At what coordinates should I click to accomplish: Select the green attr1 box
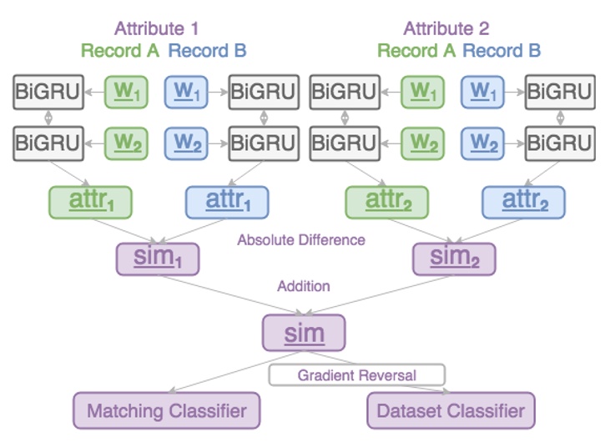pos(90,202)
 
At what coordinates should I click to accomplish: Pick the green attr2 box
pos(387,202)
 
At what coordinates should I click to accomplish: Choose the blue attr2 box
pos(523,202)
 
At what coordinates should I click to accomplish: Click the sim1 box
pos(158,259)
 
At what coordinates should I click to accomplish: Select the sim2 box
pos(454,259)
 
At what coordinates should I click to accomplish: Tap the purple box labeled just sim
pos(304,333)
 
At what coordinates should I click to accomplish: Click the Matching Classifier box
pos(166,410)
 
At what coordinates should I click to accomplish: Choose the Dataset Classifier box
pos(451,410)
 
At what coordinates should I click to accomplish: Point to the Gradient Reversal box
pos(356,374)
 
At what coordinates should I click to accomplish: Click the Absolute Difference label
pos(301,240)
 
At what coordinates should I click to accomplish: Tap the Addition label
pos(304,286)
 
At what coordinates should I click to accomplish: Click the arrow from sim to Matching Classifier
pos(225,374)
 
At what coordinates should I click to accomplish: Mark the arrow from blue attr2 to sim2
pos(492,232)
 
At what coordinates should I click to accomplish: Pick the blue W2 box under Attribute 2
pos(483,142)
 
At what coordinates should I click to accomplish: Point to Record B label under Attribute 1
pos(207,51)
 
